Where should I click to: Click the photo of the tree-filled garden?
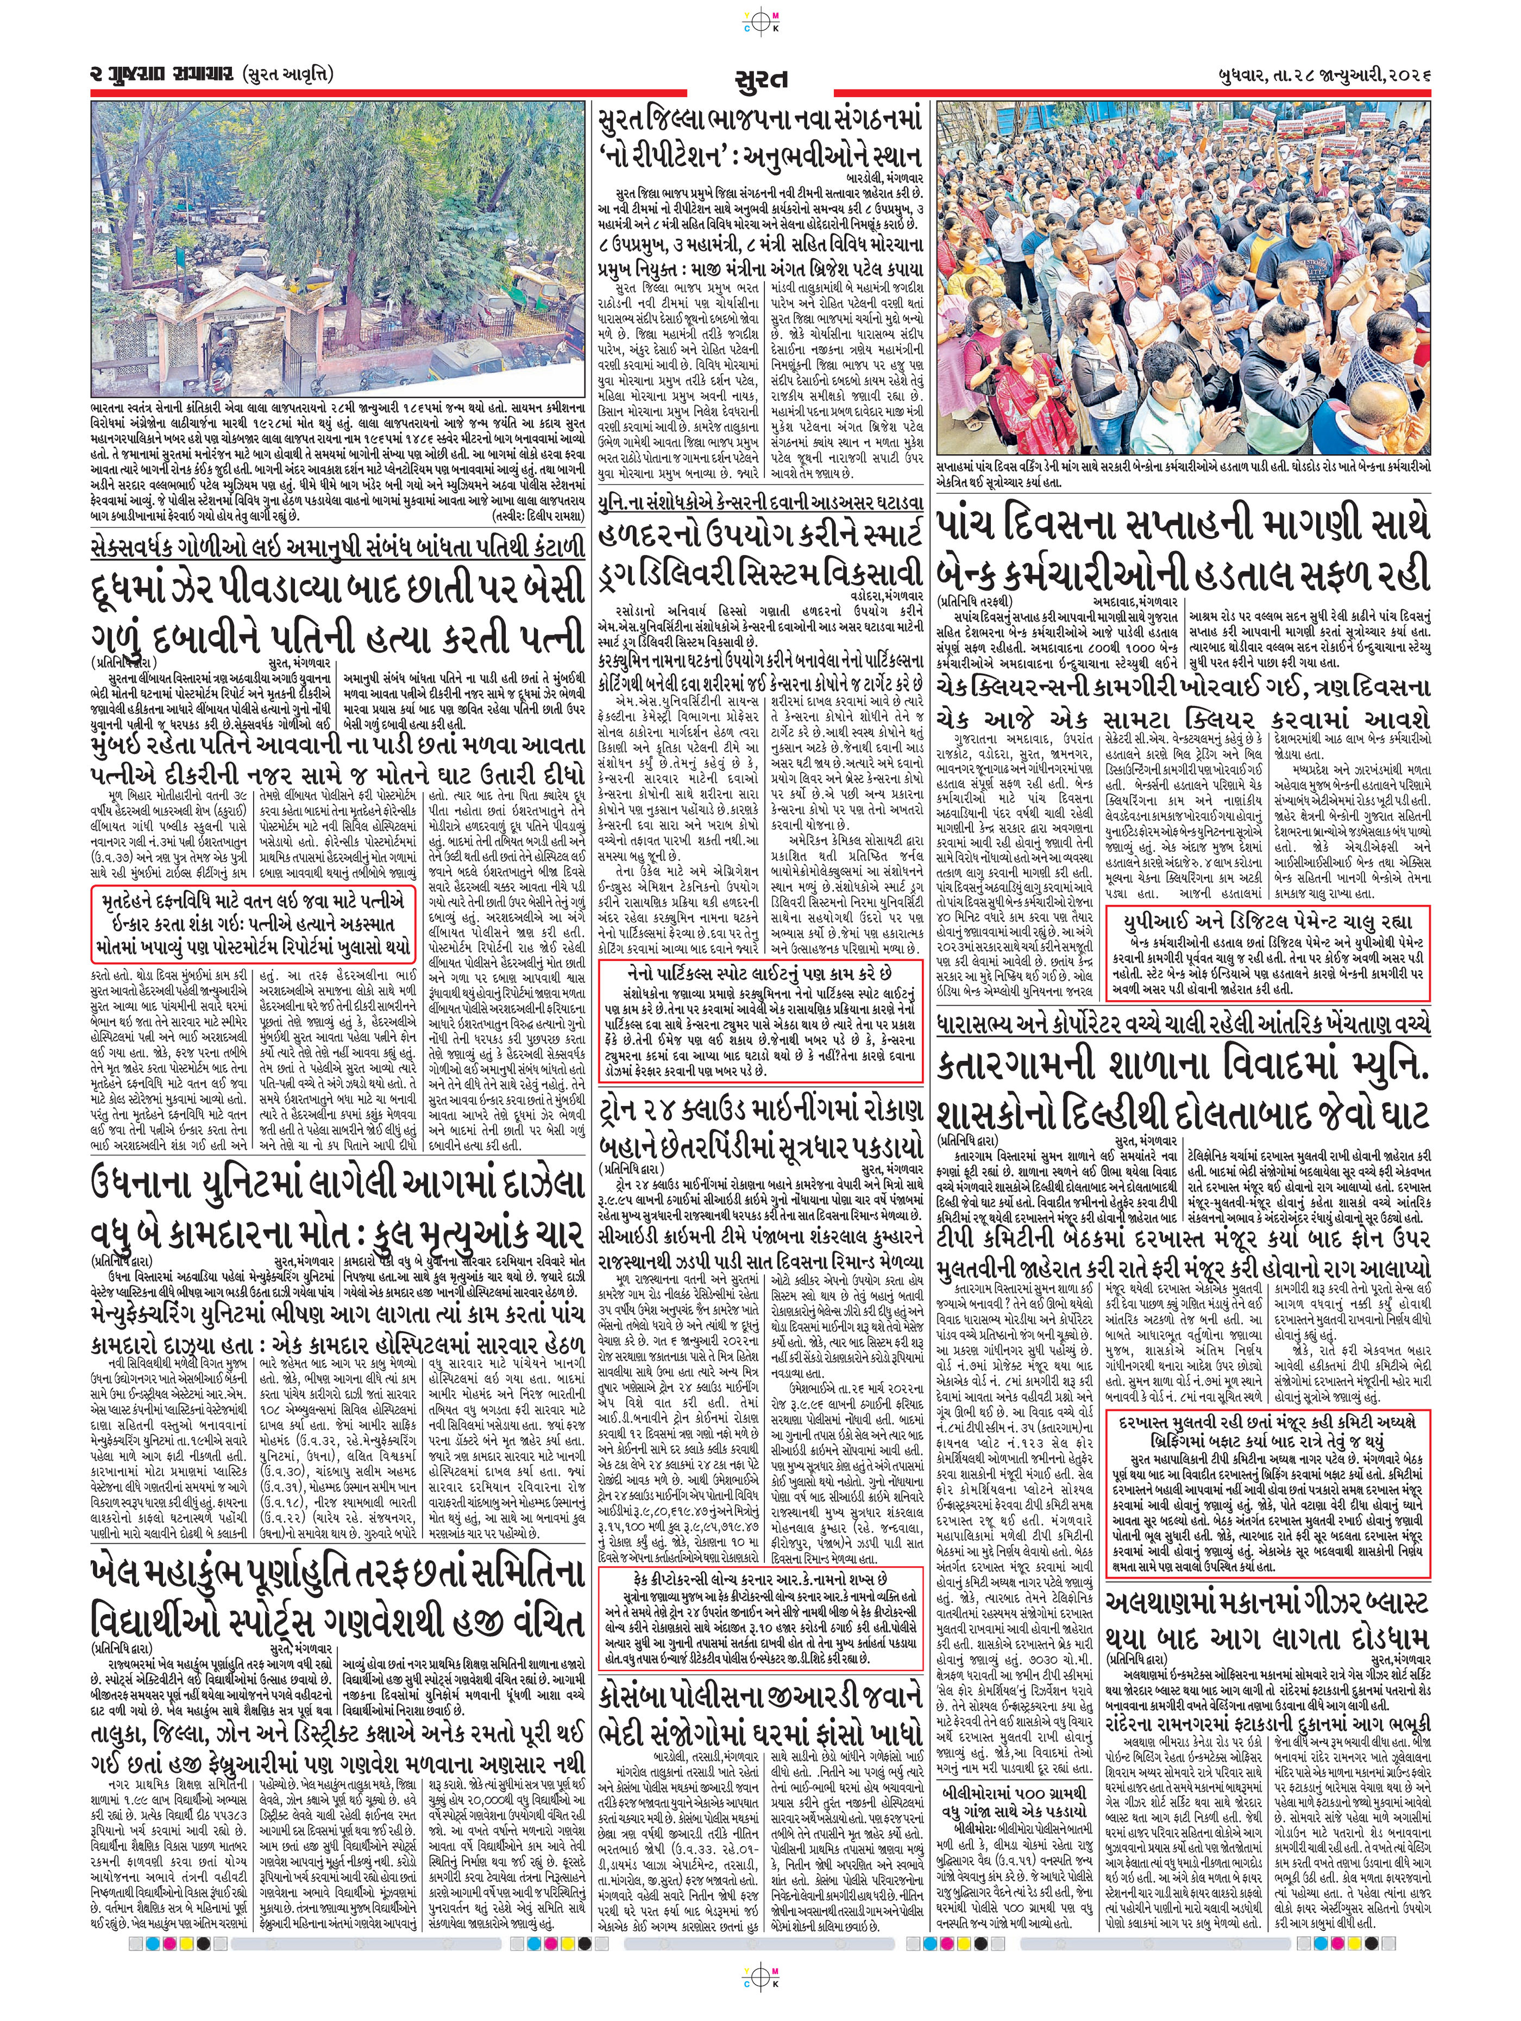[338, 247]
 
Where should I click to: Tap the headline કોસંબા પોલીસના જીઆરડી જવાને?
[760, 1700]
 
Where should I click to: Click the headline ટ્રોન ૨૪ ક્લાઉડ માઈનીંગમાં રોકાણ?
[760, 1110]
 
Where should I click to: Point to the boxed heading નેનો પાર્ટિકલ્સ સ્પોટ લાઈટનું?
[760, 974]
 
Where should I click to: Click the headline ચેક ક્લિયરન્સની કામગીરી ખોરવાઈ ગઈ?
[1184, 688]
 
